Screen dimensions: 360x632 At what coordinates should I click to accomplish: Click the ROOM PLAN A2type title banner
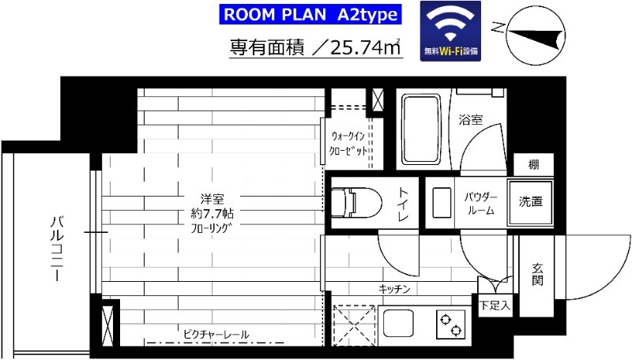coord(310,13)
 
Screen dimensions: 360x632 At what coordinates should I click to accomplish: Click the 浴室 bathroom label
coord(471,120)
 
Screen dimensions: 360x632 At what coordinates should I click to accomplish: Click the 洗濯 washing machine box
coord(531,202)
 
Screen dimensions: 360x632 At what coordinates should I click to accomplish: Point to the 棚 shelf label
coord(535,165)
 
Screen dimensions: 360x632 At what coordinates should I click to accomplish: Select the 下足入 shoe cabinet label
coord(495,303)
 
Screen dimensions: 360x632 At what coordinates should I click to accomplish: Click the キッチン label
coord(394,289)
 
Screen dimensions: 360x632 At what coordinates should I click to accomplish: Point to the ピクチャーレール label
coord(215,335)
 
